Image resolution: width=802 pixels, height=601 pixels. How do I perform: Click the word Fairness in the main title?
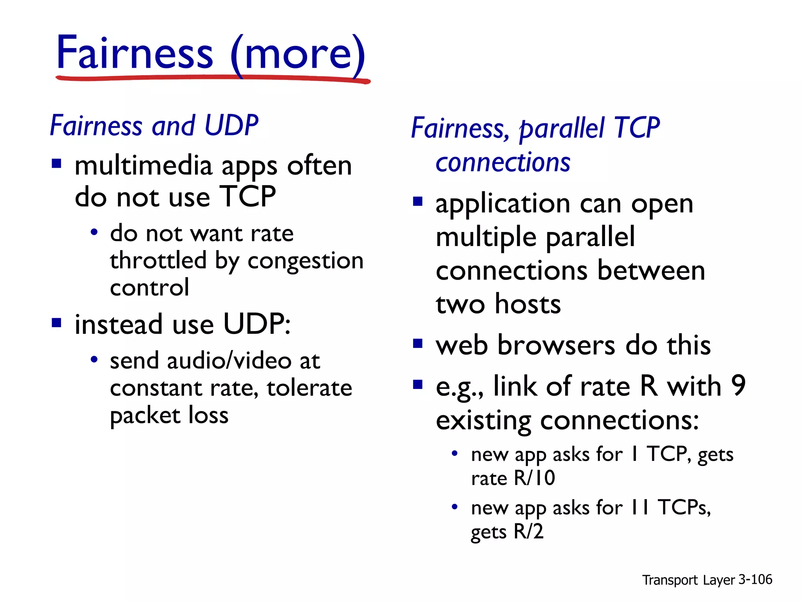135,53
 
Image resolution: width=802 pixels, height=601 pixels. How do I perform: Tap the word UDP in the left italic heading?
231,126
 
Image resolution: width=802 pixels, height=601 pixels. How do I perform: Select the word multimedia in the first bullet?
143,166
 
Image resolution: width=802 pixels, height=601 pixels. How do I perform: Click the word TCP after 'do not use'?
247,196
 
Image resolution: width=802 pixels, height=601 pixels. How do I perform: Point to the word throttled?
158,261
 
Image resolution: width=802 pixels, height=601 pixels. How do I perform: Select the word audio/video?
229,361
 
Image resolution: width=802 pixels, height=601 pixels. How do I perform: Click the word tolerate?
309,388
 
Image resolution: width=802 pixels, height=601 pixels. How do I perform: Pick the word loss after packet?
208,415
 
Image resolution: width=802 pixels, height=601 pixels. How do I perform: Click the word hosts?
527,304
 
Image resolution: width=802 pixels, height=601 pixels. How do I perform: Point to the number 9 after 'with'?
738,385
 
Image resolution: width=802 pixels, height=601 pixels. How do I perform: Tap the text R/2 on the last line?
528,532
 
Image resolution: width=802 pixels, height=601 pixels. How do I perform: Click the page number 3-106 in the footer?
755,579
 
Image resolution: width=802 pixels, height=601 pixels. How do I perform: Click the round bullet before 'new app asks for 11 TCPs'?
455,507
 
